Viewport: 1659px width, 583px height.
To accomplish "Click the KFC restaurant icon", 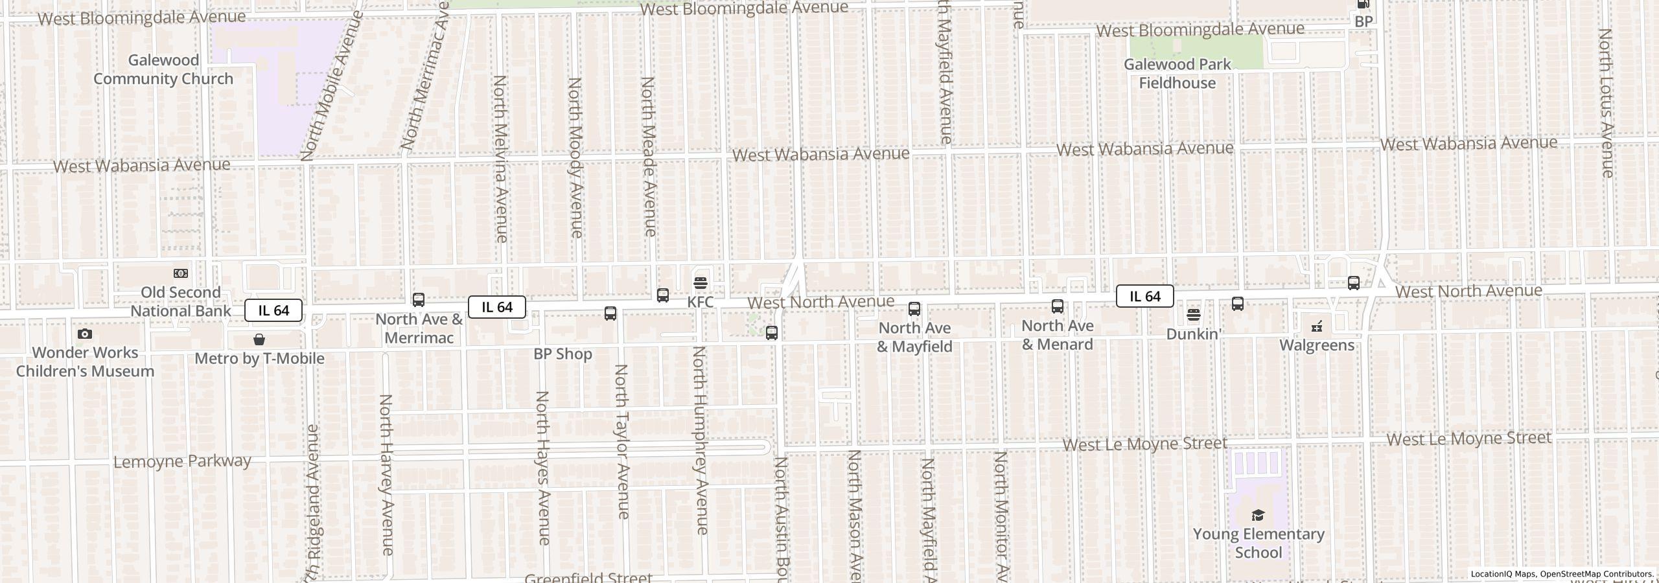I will (700, 283).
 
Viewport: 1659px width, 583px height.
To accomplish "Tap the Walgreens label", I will (1317, 345).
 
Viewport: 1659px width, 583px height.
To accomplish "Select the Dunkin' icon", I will (1194, 315).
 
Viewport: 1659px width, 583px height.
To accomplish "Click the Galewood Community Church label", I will (163, 69).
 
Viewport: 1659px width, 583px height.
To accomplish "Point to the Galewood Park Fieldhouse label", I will (1177, 74).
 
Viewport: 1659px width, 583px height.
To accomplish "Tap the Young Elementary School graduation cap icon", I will (1258, 515).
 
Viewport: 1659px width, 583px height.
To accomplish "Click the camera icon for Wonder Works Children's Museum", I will (85, 334).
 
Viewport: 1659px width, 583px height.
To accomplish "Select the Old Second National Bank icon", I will (181, 273).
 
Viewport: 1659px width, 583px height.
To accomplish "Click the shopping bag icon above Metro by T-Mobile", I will (259, 339).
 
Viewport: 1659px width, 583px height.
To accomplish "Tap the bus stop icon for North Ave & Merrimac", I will (419, 300).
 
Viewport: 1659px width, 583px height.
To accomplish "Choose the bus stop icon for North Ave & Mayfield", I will (914, 309).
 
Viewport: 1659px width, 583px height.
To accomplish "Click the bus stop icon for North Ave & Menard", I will (1058, 306).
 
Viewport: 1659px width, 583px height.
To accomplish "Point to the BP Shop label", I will (563, 354).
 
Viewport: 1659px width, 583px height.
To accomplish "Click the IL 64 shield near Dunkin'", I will (1144, 296).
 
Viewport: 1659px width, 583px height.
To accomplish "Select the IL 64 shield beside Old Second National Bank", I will (273, 310).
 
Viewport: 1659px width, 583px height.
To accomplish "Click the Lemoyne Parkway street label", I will (182, 461).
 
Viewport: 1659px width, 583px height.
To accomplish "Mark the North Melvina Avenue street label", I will (500, 159).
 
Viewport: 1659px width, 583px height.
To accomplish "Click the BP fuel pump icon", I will (1363, 5).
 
